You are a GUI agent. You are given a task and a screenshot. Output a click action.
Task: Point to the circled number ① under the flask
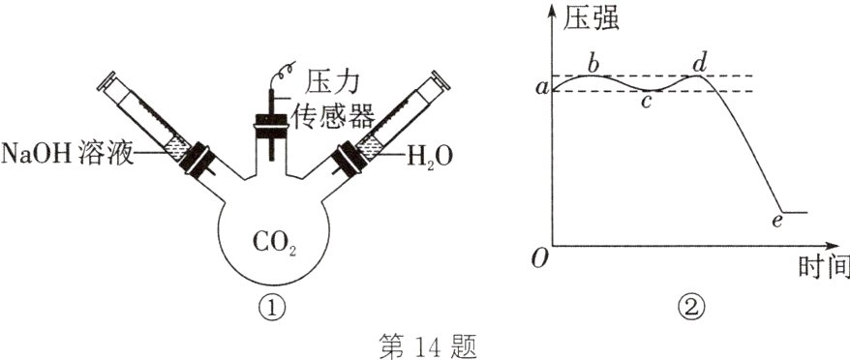[274, 308]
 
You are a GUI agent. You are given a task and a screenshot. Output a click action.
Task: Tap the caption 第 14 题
[425, 345]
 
